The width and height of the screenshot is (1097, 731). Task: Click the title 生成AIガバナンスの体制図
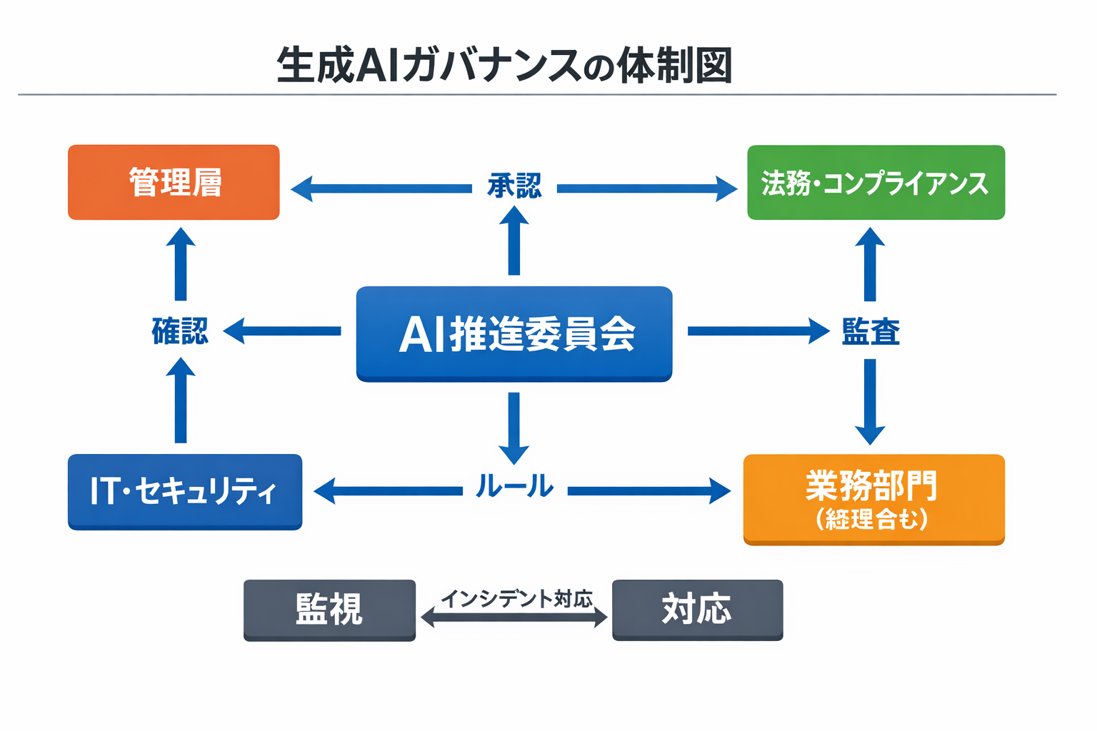(x=504, y=66)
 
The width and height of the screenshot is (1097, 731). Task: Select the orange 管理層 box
(x=174, y=182)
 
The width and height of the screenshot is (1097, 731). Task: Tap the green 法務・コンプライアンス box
(x=876, y=182)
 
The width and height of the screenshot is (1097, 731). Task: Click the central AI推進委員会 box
(x=514, y=333)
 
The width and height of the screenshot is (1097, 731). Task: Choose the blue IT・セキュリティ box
(x=185, y=491)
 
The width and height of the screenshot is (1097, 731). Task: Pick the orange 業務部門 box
(x=873, y=498)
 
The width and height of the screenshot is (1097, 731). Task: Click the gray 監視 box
(x=329, y=610)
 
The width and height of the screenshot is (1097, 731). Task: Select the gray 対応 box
(x=697, y=610)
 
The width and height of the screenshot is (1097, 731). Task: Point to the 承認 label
(x=514, y=186)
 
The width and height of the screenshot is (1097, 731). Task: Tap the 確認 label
(x=180, y=331)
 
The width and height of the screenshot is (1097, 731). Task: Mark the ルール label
(x=514, y=487)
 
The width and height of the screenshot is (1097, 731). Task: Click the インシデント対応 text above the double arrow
(x=516, y=598)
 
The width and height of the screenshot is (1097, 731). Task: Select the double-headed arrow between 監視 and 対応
(x=514, y=617)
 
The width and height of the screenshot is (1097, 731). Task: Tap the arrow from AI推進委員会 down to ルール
(x=514, y=428)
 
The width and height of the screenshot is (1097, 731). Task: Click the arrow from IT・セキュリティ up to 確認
(x=181, y=400)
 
